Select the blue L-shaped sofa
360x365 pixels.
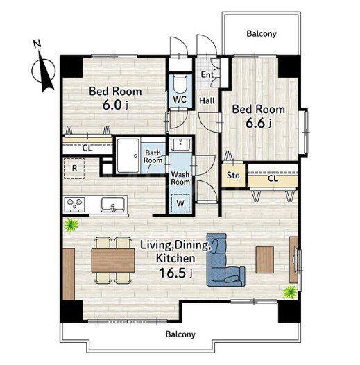click(x=225, y=260)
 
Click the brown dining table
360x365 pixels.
click(x=113, y=260)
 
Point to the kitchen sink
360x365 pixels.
click(x=112, y=205)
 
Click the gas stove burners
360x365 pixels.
click(x=74, y=204)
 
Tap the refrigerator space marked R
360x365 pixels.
click(x=74, y=169)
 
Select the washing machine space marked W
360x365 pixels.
click(x=180, y=203)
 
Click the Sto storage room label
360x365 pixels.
click(x=233, y=176)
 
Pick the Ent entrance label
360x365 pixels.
click(x=207, y=75)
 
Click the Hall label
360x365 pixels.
click(x=207, y=101)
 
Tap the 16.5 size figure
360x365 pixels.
click(x=173, y=273)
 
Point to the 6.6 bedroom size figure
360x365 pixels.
click(x=255, y=124)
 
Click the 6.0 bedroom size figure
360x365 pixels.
click(x=112, y=105)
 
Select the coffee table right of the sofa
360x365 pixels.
click(x=264, y=260)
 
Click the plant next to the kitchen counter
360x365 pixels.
click(x=71, y=225)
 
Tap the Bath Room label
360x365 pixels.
click(x=153, y=156)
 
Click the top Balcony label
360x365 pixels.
click(x=262, y=33)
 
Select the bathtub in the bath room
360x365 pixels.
click(x=128, y=155)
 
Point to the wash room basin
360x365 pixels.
click(x=180, y=144)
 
